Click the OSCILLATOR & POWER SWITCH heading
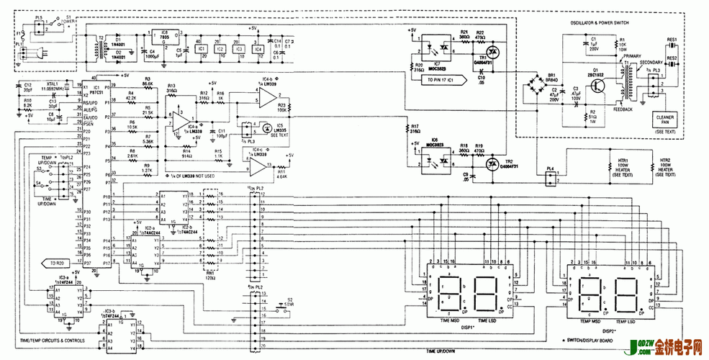pyautogui.click(x=600, y=23)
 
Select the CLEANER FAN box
pyautogui.click(x=661, y=120)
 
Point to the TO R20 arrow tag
pyautogui.click(x=57, y=263)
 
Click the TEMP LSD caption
pyautogui.click(x=625, y=320)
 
